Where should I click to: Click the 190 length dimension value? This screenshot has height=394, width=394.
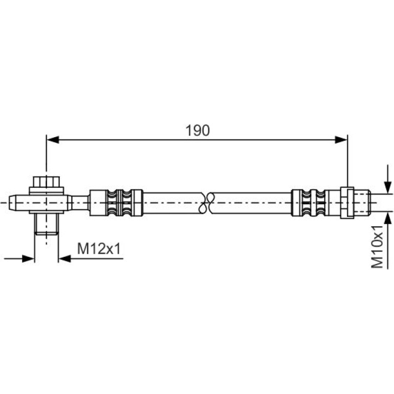198,130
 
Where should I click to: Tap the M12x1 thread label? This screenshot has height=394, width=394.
99,249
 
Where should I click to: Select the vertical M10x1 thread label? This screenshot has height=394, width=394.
377,247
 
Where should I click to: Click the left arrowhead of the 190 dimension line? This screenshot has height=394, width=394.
53,140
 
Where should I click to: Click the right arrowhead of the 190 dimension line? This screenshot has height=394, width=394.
341,140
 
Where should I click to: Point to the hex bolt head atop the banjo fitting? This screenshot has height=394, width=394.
46,182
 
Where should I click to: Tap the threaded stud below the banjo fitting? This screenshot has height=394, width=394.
46,224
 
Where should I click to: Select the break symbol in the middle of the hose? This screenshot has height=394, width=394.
206,203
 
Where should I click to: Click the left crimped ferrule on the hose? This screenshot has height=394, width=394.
116,203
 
